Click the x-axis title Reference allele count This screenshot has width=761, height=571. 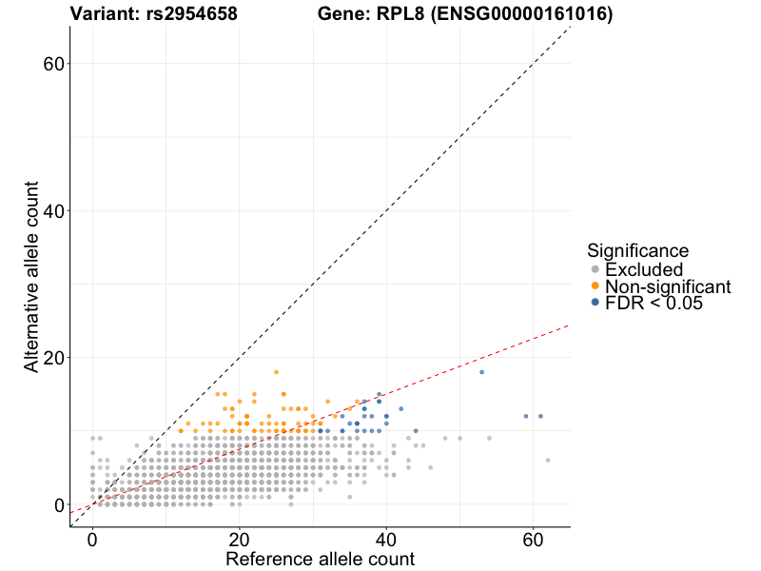click(x=320, y=559)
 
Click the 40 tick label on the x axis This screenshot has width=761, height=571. click(x=386, y=538)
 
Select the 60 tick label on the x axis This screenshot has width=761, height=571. click(x=533, y=538)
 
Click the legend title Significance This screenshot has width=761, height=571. click(x=637, y=251)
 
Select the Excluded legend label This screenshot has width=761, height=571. click(x=644, y=269)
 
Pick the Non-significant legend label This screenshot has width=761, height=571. click(x=668, y=286)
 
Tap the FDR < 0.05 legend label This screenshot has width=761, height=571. click(x=654, y=303)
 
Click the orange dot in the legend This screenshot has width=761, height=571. click(x=595, y=286)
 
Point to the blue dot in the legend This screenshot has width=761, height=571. click(x=595, y=303)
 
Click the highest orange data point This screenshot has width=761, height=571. click(x=276, y=372)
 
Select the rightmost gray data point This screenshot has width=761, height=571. click(x=548, y=460)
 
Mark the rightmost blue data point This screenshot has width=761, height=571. click(x=540, y=416)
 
